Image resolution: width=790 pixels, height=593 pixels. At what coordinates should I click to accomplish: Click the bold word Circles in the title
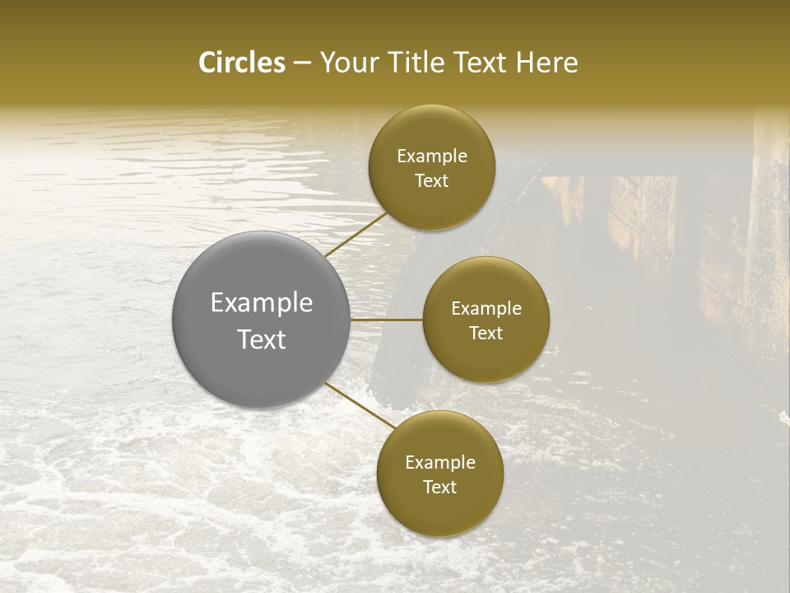click(x=241, y=63)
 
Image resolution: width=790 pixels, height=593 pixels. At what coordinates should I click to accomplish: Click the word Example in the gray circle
click(x=262, y=303)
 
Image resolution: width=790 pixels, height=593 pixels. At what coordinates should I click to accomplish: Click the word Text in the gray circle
click(x=262, y=339)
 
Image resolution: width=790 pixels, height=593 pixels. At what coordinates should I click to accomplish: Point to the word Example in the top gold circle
click(x=432, y=156)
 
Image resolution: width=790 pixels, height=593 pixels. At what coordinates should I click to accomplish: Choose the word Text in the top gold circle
click(x=432, y=180)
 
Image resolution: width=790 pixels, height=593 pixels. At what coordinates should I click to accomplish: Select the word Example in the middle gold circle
click(x=486, y=309)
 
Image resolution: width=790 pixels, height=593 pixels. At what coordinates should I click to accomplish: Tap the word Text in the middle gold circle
click(x=486, y=333)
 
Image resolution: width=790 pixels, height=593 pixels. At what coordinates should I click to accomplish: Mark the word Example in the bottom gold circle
click(x=440, y=463)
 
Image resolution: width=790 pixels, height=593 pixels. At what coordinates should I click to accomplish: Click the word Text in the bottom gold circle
click(x=440, y=487)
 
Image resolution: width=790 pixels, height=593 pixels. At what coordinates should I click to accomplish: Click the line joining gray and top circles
click(x=355, y=235)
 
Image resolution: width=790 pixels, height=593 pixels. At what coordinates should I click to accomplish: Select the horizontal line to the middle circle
click(x=387, y=320)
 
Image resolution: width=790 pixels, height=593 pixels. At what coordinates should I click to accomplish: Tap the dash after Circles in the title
click(x=301, y=63)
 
